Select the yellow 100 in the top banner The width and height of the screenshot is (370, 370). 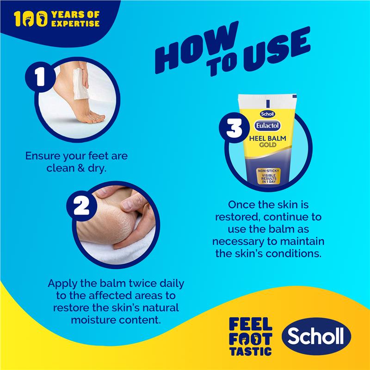pos(30,18)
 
